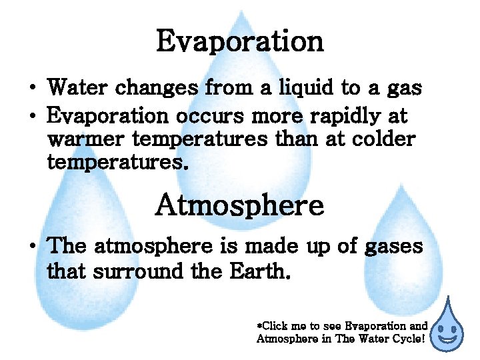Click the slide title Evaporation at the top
tap(239, 41)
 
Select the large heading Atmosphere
tap(239, 205)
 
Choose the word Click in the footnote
tap(275, 326)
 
